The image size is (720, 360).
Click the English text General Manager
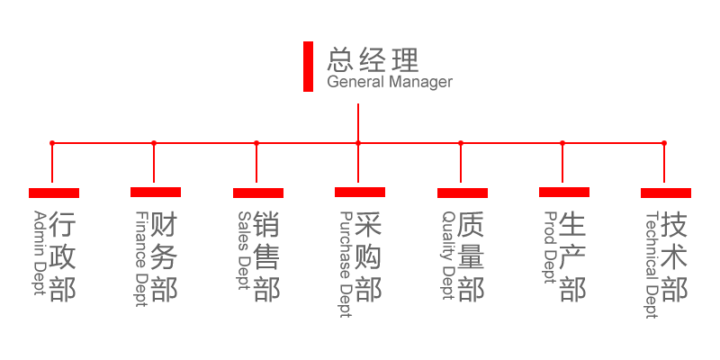click(x=390, y=83)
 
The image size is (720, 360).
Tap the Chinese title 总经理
click(x=373, y=59)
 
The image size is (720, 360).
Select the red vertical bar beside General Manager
click(x=308, y=67)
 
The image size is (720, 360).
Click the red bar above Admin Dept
click(x=54, y=193)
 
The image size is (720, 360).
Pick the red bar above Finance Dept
click(x=156, y=192)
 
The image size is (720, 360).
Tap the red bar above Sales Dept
click(x=258, y=193)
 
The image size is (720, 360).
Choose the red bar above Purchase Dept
click(x=360, y=192)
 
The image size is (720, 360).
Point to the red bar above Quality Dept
click(x=463, y=193)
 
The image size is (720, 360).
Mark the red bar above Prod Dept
click(x=564, y=192)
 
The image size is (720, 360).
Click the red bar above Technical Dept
click(x=666, y=193)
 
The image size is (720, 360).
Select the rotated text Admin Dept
click(x=40, y=253)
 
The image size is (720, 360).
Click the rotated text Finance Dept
click(x=142, y=259)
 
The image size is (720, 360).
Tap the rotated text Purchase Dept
click(x=346, y=265)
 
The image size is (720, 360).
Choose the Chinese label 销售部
click(x=266, y=256)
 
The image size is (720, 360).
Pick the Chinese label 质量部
click(x=471, y=256)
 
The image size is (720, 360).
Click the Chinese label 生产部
click(x=572, y=256)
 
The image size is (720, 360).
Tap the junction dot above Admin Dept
click(x=52, y=143)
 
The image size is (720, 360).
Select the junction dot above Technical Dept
click(x=664, y=143)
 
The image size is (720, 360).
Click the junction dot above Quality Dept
click(x=461, y=143)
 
